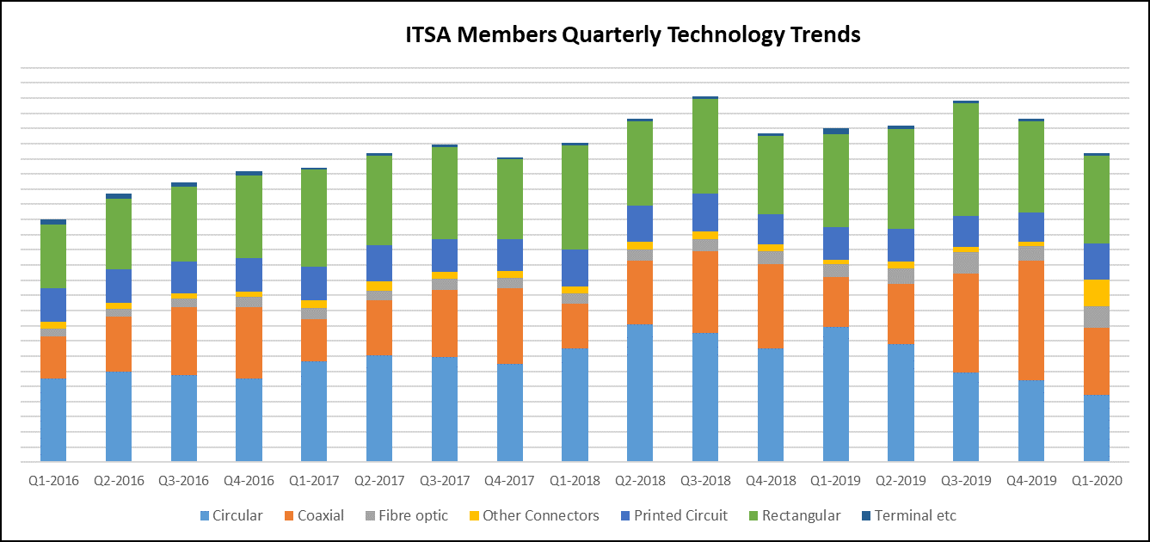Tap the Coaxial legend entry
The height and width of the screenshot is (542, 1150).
320,515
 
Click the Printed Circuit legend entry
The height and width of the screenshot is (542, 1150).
680,515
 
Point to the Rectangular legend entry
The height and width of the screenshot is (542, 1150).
801,515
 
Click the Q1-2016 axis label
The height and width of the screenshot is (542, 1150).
53,480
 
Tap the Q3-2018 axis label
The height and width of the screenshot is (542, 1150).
705,480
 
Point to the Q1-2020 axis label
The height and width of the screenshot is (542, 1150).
1097,480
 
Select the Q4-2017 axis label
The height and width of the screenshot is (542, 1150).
510,480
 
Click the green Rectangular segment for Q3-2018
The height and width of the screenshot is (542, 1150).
705,146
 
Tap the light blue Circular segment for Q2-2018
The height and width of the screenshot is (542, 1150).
640,392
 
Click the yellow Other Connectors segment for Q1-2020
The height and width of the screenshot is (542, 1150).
1097,293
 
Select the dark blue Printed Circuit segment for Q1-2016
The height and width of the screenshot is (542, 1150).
53,305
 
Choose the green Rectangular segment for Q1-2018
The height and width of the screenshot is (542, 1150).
575,197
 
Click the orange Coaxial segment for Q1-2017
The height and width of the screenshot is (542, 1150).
314,340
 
